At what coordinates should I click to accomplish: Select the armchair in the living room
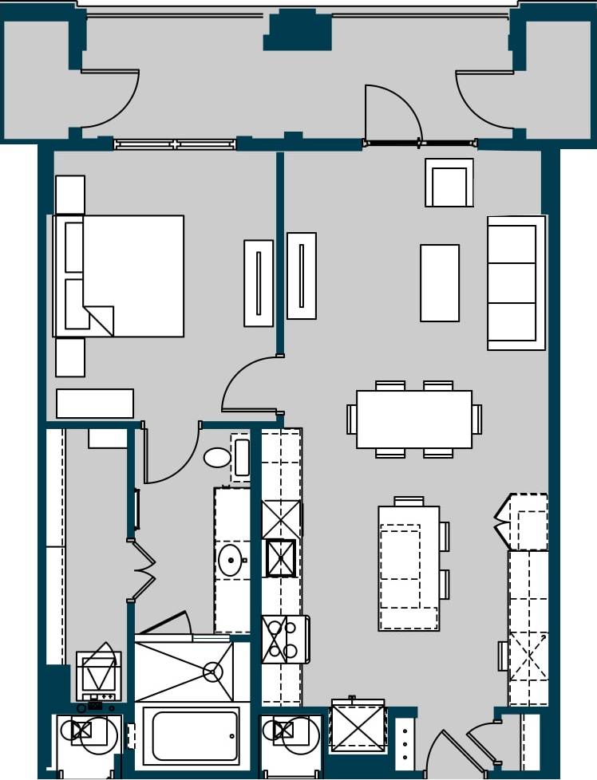(449, 183)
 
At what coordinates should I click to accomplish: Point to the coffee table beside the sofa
(440, 283)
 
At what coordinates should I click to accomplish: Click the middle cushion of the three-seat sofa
(512, 283)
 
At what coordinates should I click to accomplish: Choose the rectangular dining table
(413, 420)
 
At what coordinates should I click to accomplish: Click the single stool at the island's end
(409, 502)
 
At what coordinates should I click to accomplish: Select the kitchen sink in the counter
(280, 557)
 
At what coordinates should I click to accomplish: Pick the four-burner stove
(283, 639)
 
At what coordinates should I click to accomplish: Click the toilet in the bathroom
(217, 457)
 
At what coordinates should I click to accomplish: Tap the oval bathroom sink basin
(230, 561)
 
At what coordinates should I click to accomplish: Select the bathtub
(195, 735)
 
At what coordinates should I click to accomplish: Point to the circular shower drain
(212, 672)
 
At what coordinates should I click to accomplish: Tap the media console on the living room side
(302, 276)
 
